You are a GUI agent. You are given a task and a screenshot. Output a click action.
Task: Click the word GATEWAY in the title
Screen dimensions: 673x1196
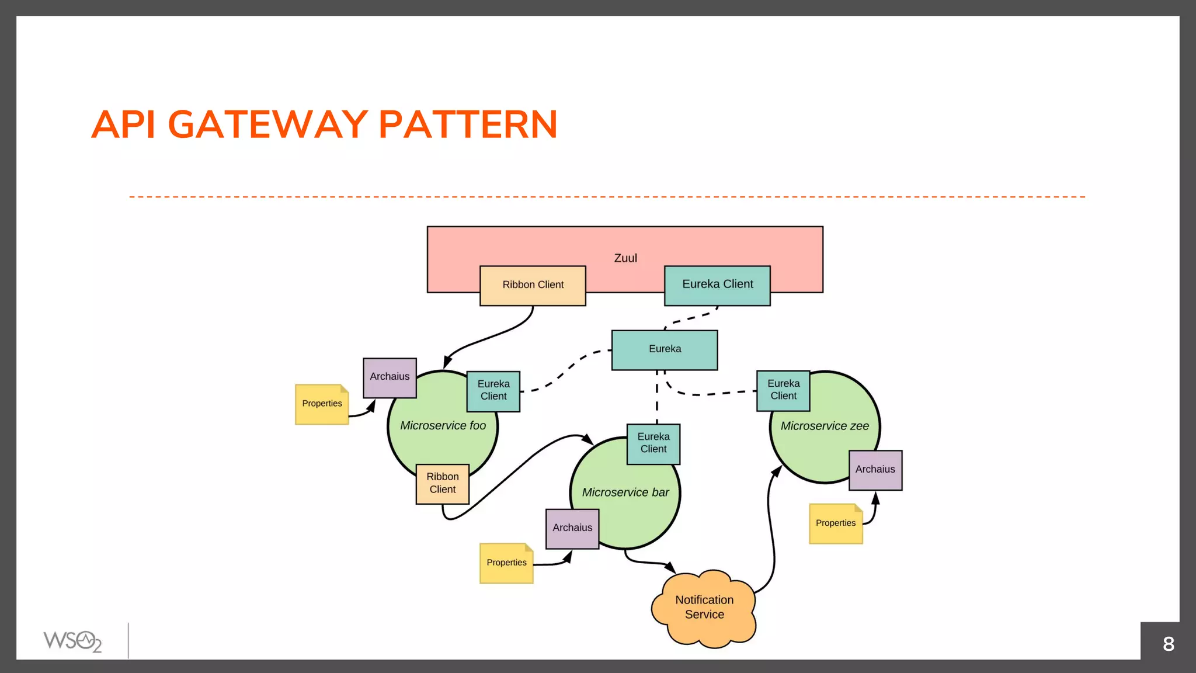[268, 124]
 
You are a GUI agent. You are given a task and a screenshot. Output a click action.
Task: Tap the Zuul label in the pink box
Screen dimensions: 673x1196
[625, 258]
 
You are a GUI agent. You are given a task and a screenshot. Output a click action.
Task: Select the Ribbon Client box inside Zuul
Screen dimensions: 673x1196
[533, 285]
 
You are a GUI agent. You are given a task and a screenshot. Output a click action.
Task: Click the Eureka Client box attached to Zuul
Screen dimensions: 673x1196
[717, 285]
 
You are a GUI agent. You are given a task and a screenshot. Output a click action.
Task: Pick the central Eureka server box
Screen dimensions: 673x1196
[665, 349]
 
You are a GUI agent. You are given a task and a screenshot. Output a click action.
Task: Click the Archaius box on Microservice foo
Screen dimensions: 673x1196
[390, 377]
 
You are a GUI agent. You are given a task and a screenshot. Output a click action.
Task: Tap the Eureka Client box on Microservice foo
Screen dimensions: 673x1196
[493, 391]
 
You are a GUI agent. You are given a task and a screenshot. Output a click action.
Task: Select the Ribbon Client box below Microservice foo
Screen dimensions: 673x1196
[442, 484]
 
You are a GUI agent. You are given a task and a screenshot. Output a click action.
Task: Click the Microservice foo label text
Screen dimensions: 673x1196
[443, 426]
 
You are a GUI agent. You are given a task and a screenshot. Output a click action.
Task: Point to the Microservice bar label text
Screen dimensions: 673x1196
[625, 492]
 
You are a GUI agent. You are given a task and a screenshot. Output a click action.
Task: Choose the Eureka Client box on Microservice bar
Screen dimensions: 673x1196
[653, 443]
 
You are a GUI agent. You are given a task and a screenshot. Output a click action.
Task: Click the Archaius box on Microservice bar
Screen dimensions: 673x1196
[572, 528]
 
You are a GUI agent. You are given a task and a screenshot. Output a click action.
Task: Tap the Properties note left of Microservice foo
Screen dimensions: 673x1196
[322, 404]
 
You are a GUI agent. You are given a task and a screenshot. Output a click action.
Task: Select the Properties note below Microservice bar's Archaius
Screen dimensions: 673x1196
[506, 563]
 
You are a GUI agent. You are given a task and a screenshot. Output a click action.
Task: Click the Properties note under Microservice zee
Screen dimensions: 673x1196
[836, 523]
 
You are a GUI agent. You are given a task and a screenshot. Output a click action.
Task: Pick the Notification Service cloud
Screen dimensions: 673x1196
[704, 608]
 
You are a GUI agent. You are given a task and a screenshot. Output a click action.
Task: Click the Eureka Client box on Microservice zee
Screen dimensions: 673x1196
[783, 390]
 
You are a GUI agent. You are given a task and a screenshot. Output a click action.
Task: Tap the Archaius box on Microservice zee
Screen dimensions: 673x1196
[875, 470]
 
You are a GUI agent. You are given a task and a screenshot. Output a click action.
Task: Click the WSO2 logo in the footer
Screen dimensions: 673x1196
[72, 641]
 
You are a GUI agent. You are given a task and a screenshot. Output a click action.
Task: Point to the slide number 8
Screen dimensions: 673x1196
[1168, 644]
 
